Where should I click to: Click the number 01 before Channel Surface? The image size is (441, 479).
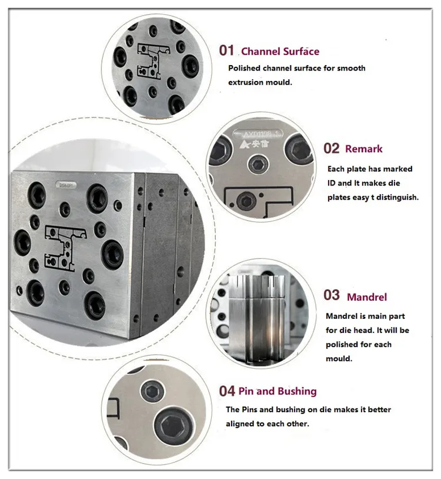226,50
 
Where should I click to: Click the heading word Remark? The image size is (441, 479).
364,149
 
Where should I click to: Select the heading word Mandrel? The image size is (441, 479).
367,296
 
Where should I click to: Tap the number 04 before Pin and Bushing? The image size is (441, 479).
227,390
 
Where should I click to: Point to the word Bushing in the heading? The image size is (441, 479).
297,391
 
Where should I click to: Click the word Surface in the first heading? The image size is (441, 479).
298,51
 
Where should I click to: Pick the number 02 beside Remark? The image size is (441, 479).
332,148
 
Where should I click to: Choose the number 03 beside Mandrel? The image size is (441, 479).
332,295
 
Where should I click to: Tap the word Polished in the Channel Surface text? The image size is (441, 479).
244,68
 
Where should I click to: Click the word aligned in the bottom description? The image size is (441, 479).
240,423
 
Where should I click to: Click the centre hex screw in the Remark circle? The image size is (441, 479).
256,164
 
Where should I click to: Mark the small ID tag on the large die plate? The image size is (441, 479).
65,184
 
